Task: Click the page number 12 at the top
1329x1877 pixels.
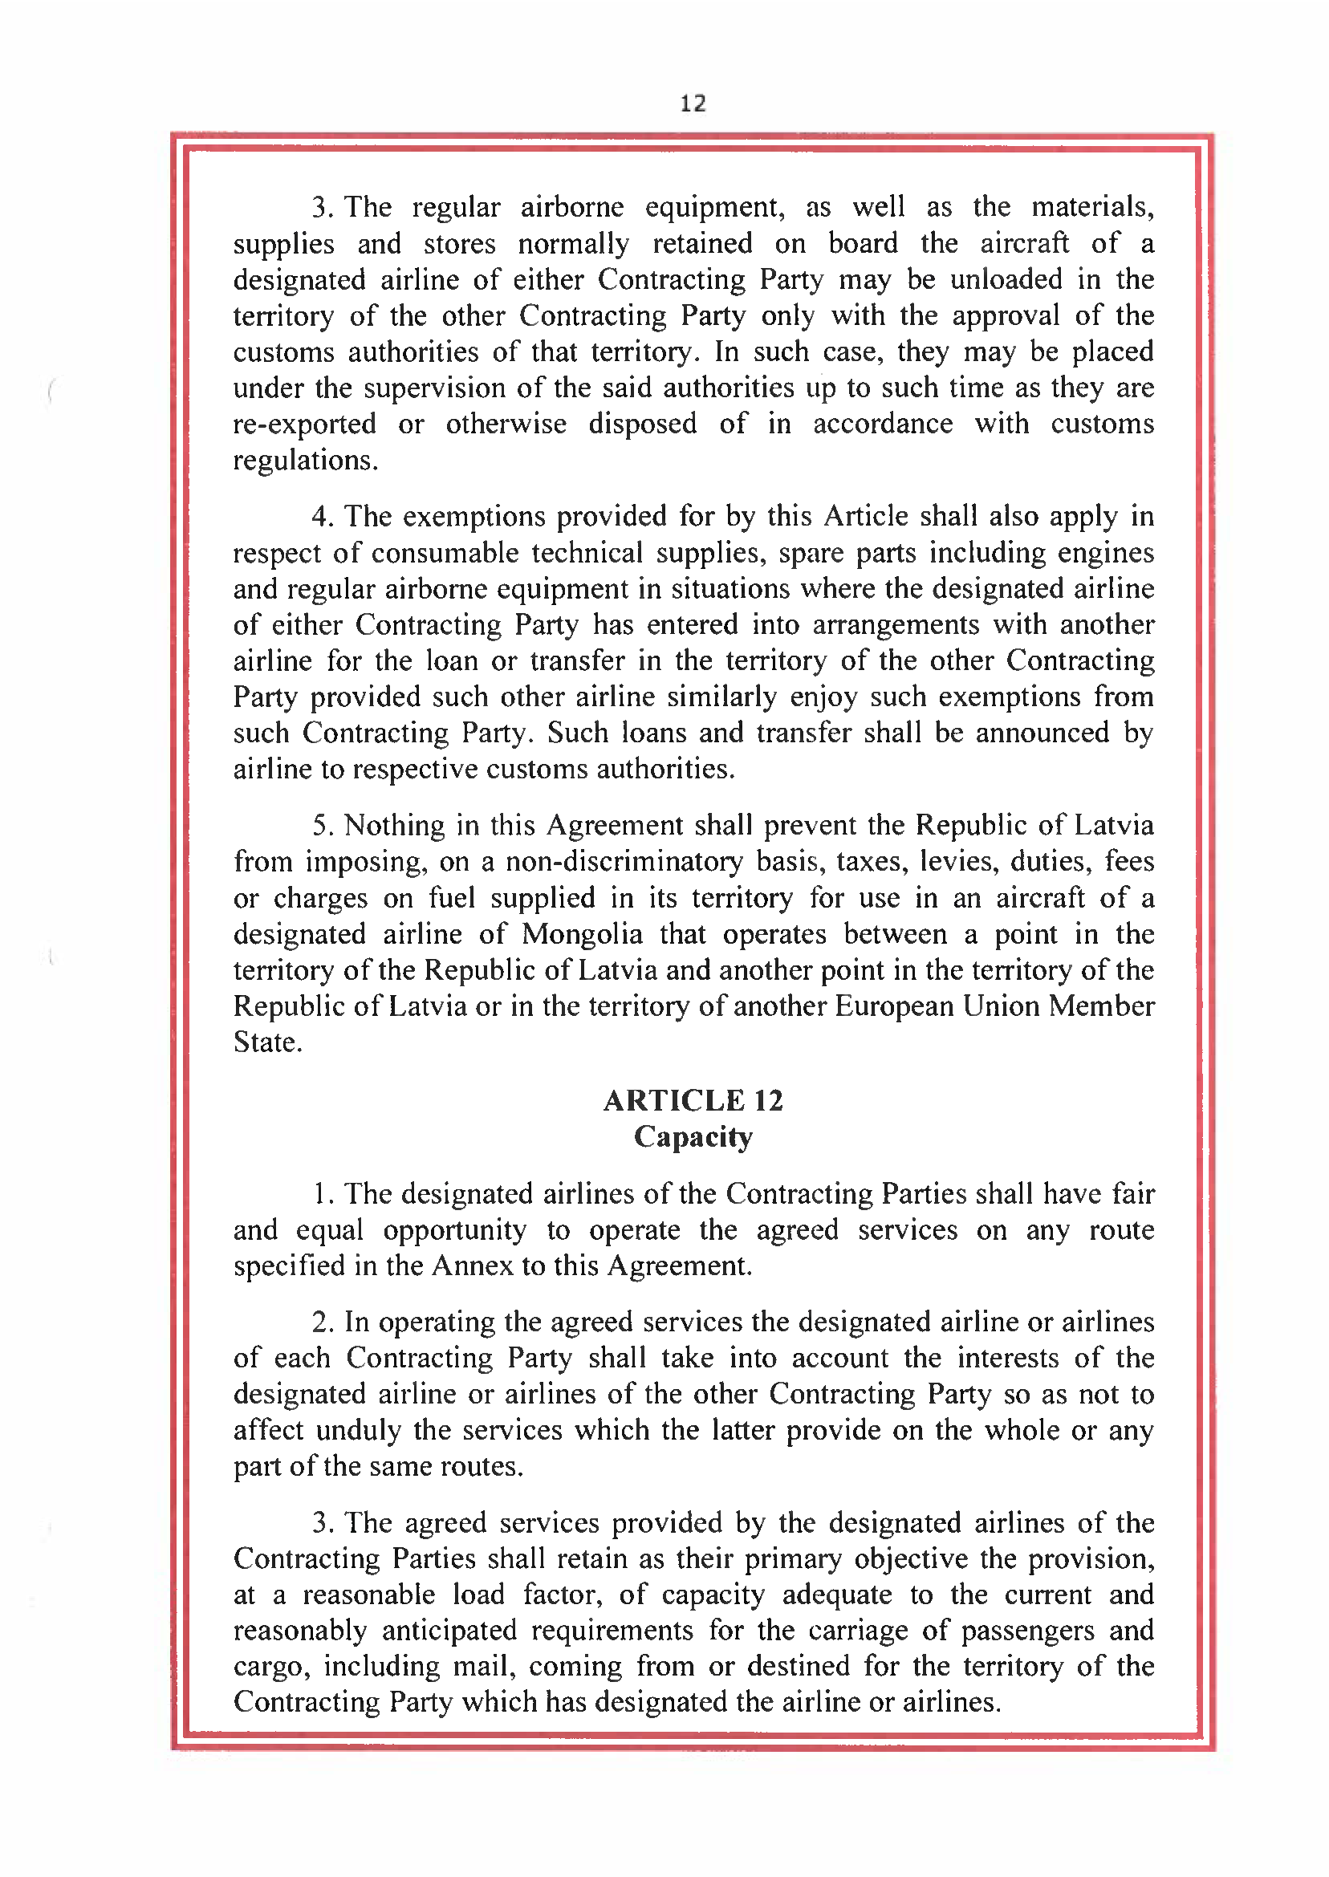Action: pyautogui.click(x=693, y=103)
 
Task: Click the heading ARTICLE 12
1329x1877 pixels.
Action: pyautogui.click(x=693, y=1100)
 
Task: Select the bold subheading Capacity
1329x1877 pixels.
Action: pyautogui.click(x=693, y=1137)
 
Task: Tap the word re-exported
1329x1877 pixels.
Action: pyautogui.click(x=304, y=424)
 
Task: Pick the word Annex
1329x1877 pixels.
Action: pyautogui.click(x=472, y=1266)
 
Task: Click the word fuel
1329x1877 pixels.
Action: pyautogui.click(x=452, y=898)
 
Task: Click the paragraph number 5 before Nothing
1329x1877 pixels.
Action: pyautogui.click(x=322, y=826)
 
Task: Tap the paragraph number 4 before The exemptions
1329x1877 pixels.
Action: pyautogui.click(x=322, y=517)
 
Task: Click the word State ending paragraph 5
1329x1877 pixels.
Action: pyautogui.click(x=266, y=1042)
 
